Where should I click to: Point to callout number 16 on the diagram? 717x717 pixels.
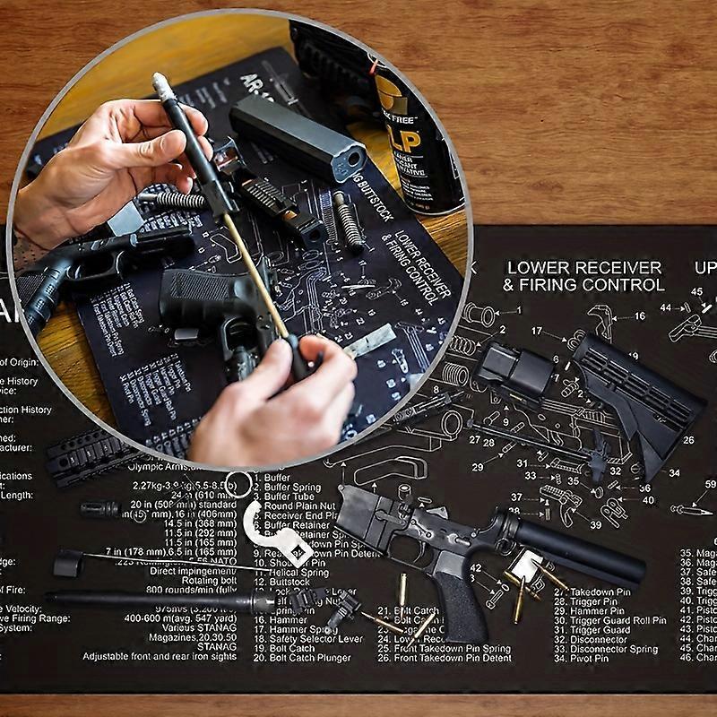tap(639, 316)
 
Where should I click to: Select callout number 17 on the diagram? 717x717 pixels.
tap(537, 332)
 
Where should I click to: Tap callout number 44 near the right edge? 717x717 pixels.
tap(665, 307)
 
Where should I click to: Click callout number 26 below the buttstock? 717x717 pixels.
tap(687, 440)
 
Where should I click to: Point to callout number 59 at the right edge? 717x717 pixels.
tap(710, 485)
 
